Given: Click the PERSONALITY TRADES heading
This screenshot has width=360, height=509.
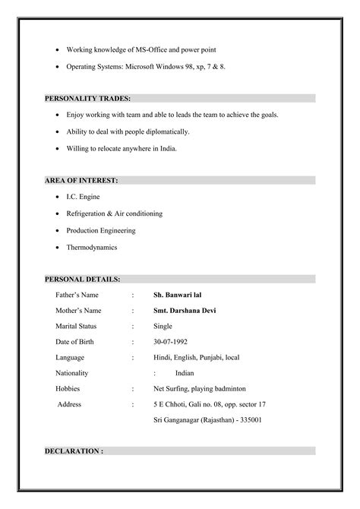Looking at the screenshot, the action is (87, 99).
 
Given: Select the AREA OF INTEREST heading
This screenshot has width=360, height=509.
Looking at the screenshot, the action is (81, 181).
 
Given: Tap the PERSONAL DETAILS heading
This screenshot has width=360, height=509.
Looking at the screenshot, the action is (82, 280).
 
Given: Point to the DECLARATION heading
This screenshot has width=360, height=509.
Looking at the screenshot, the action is (74, 451).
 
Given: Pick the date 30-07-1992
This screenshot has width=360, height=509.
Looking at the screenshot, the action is (170, 341).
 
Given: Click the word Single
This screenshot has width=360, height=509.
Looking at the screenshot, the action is (163, 326).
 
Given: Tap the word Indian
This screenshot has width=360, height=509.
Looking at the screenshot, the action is (185, 373).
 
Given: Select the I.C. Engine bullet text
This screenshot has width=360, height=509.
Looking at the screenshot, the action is (83, 196).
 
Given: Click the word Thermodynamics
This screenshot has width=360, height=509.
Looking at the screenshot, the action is (92, 247).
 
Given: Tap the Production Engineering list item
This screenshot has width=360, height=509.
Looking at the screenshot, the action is (101, 230).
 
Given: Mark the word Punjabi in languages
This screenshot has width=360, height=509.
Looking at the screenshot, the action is (211, 357).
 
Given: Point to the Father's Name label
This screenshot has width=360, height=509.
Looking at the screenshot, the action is (77, 294).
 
